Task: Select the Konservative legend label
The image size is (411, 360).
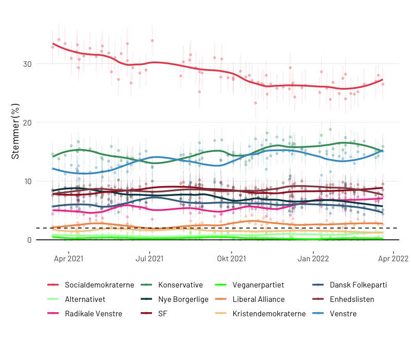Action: point(180,284)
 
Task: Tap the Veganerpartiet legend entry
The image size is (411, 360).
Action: point(258,284)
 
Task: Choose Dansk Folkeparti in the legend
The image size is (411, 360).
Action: point(358,284)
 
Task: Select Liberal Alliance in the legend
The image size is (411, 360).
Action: point(258,299)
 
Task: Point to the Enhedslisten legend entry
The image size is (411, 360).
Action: point(352,299)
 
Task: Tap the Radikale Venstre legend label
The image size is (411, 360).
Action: point(94,313)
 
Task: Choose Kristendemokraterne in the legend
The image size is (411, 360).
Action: point(269,313)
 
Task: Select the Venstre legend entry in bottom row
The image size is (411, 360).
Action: point(343,313)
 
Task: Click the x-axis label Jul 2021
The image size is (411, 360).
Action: point(150,258)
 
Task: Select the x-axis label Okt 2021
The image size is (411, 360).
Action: point(232,258)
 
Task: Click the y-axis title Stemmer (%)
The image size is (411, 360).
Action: point(16,131)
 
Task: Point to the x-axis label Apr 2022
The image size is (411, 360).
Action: point(394,258)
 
